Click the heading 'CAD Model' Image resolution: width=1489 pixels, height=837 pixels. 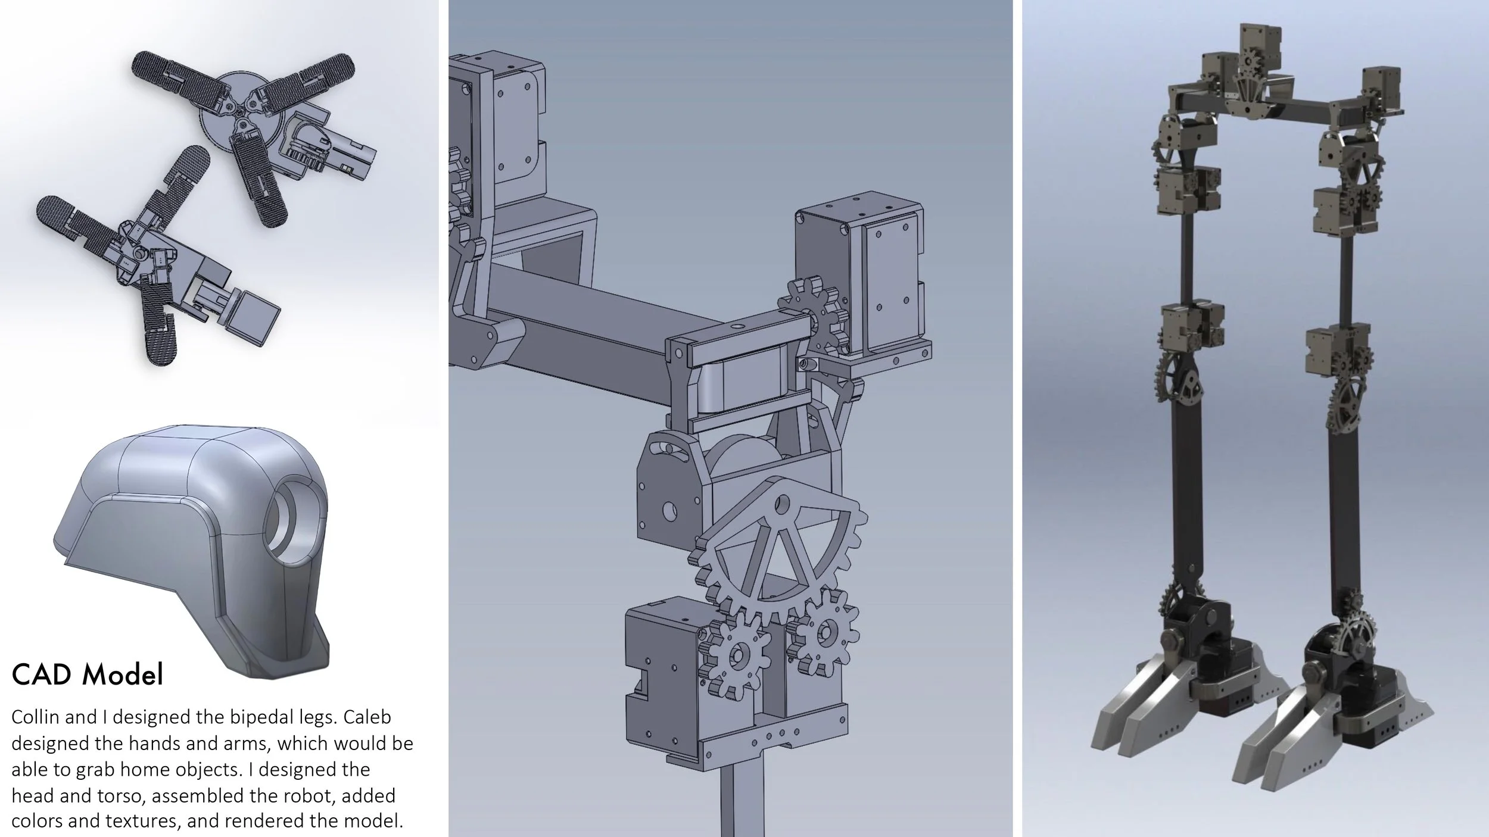pyautogui.click(x=88, y=674)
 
